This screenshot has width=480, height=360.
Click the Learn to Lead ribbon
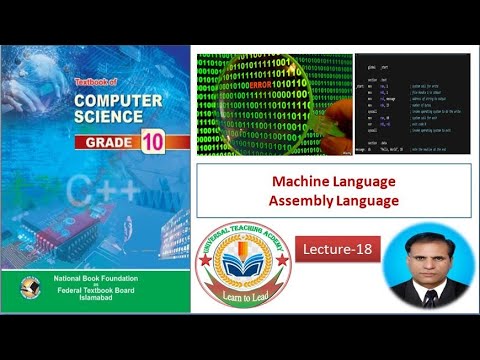click(243, 297)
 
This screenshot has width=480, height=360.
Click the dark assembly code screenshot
click(412, 103)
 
